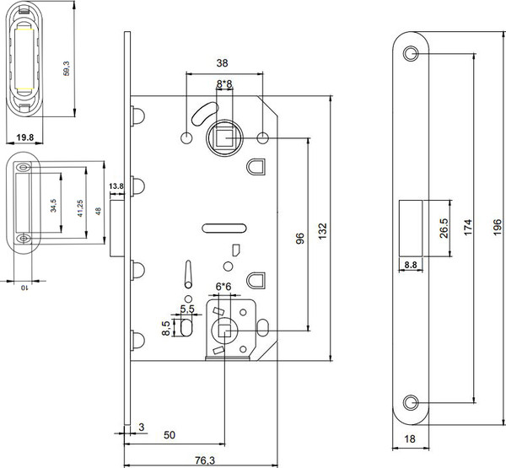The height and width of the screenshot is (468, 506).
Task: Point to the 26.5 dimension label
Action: [x=443, y=227]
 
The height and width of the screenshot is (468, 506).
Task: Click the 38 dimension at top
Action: [x=223, y=62]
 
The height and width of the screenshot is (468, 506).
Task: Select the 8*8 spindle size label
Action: [x=224, y=84]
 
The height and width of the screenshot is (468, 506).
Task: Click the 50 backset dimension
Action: [x=170, y=435]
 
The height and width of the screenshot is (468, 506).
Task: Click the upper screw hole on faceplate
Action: [x=411, y=53]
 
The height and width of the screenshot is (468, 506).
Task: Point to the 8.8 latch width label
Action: [x=412, y=265]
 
